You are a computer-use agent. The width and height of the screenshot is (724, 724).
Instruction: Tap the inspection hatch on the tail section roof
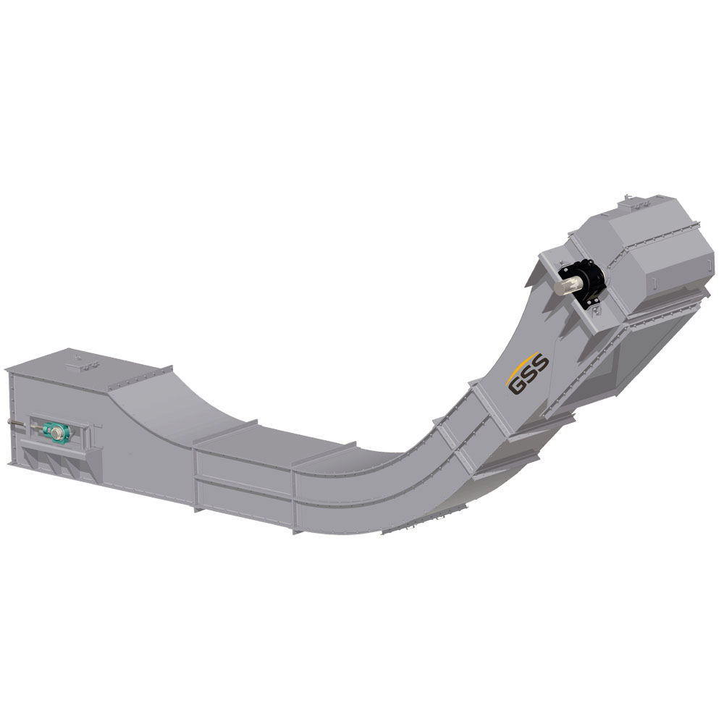(x=83, y=366)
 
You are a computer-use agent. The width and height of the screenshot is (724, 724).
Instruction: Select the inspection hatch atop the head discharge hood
(x=639, y=203)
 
